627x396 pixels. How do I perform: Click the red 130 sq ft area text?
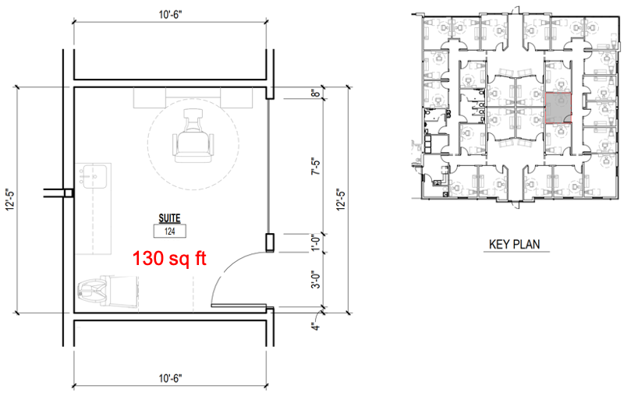pyautogui.click(x=169, y=258)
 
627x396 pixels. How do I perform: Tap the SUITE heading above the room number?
pyautogui.click(x=169, y=218)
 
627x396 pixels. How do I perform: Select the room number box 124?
pyautogui.click(x=169, y=231)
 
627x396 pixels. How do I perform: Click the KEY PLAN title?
pyautogui.click(x=514, y=244)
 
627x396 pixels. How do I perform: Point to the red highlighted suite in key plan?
pyautogui.click(x=558, y=107)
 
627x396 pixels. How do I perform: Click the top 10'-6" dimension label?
pyautogui.click(x=170, y=15)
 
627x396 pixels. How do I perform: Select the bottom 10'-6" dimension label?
pyautogui.click(x=170, y=377)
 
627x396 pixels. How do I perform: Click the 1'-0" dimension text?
pyautogui.click(x=316, y=242)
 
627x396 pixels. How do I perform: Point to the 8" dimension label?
pyautogui.click(x=316, y=93)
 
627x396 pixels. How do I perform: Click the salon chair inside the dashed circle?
pyautogui.click(x=193, y=137)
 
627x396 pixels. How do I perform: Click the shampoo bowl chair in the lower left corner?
pyautogui.click(x=108, y=291)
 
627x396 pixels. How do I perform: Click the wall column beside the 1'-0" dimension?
pyautogui.click(x=270, y=242)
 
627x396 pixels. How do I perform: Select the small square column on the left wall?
pyautogui.click(x=69, y=193)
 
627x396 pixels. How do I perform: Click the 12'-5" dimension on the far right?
pyautogui.click(x=340, y=200)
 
